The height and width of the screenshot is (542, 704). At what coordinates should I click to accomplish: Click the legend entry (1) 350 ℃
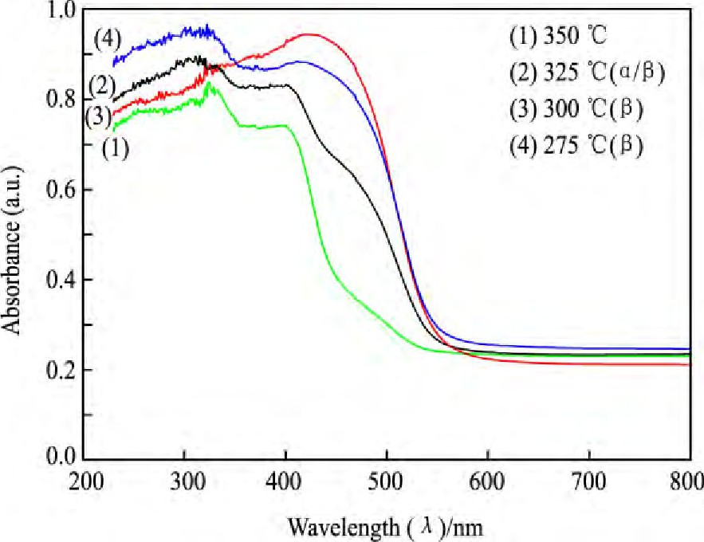tap(550, 37)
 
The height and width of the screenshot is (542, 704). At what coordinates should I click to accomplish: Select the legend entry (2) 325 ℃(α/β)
tap(587, 74)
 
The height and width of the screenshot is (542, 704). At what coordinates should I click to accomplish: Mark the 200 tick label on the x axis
tap(85, 481)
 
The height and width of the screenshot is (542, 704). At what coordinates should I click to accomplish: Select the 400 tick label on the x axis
tap(285, 481)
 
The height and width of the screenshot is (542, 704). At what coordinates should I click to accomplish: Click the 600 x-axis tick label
tap(487, 481)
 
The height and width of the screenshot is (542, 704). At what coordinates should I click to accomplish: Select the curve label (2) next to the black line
tap(102, 84)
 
